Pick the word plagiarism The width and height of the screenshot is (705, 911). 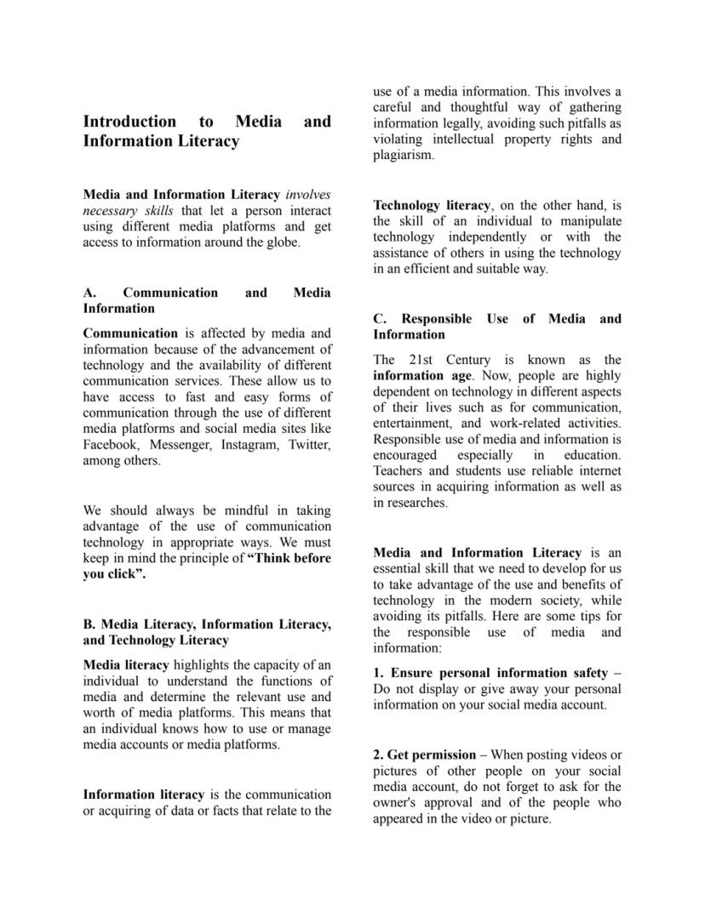pos(403,155)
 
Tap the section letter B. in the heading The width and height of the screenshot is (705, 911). pos(89,624)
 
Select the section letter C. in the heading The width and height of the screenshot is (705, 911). pos(380,319)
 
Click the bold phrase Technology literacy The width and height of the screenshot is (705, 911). pos(432,205)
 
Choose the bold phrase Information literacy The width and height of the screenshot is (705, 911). pos(143,794)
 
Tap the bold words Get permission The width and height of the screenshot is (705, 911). pos(431,754)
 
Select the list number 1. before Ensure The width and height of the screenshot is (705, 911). pos(379,673)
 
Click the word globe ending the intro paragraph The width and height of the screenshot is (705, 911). pos(281,242)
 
